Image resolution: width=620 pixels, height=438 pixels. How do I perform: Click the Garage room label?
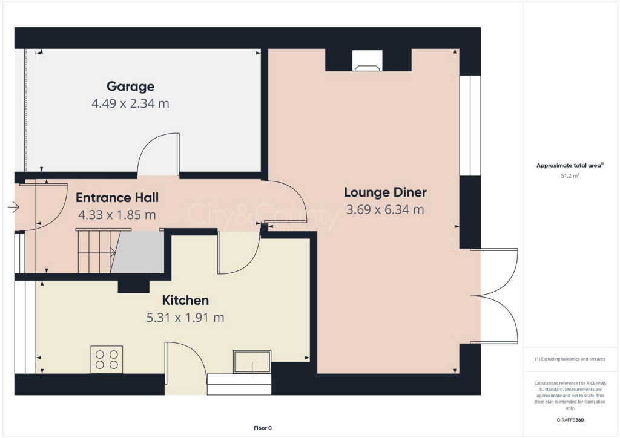130,87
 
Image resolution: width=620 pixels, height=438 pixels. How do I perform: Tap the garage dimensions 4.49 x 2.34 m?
130,103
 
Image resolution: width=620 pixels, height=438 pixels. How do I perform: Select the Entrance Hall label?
117,197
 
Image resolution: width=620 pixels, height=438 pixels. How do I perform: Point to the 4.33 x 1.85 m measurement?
117,214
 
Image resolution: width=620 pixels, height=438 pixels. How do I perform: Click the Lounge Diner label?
385,192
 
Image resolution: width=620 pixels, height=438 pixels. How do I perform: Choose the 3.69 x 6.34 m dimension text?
385,210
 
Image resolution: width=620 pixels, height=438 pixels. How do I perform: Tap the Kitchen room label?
185,300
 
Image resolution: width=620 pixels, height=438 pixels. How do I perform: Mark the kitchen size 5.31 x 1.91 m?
185,317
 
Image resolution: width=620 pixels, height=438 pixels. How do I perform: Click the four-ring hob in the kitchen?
107,359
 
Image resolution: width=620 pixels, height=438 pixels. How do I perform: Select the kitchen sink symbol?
252,362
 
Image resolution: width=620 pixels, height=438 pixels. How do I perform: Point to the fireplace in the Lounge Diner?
368,61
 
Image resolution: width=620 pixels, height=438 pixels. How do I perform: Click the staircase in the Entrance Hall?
97,251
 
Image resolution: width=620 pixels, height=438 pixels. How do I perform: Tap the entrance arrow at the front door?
13,208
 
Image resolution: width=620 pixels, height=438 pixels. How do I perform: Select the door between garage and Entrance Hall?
159,155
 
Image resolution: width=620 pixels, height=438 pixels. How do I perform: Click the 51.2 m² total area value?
570,176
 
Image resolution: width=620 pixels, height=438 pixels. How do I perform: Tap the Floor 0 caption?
263,428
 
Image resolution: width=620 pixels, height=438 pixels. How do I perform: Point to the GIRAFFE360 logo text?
570,419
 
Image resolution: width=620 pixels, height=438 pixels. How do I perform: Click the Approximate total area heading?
570,165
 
